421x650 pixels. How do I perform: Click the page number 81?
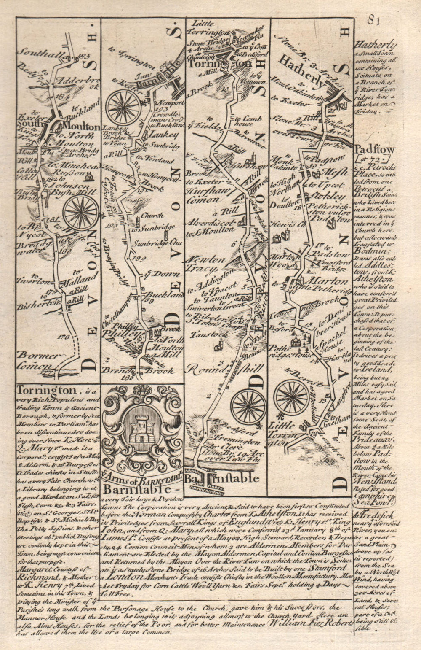click(x=373, y=20)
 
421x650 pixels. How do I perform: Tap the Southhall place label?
click(x=37, y=53)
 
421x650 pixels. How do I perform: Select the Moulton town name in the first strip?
click(x=82, y=127)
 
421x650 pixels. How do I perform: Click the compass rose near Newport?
click(x=123, y=108)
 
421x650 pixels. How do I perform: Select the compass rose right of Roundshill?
click(x=248, y=406)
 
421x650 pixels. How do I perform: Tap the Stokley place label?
click(x=330, y=196)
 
